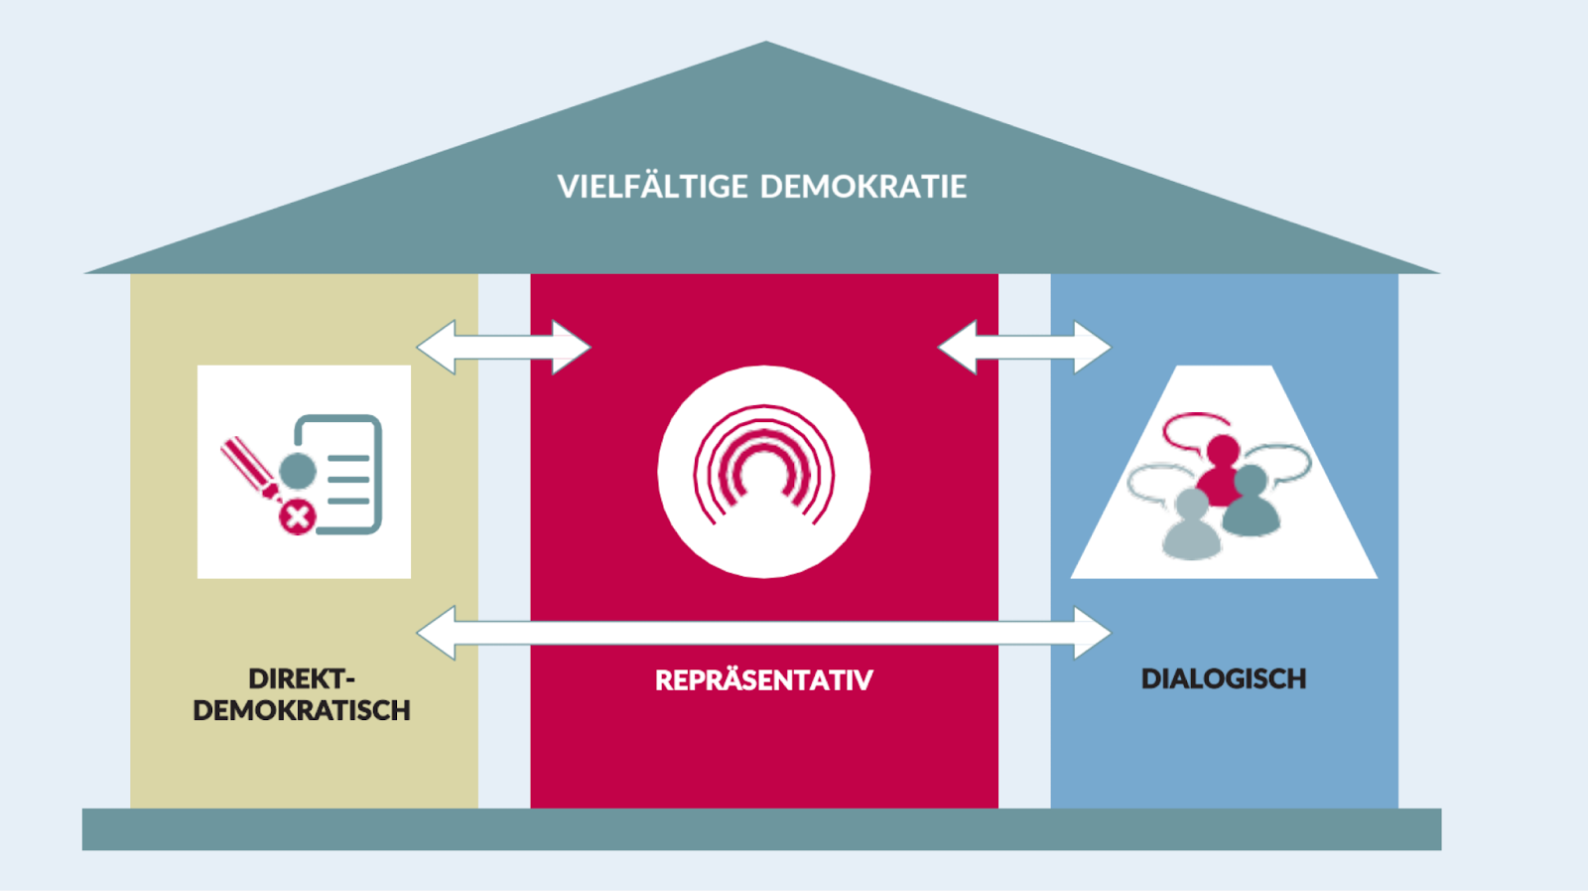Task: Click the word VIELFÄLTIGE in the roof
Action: pos(652,187)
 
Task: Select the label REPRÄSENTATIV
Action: pos(763,680)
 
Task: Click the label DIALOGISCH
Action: pos(1223,679)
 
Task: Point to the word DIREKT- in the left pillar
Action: pos(301,679)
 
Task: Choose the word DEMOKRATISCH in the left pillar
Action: pos(301,711)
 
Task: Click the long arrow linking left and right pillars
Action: pos(763,633)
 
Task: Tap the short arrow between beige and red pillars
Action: pos(503,347)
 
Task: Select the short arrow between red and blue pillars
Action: pos(1024,347)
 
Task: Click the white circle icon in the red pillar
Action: pos(763,472)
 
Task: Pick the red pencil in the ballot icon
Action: pos(248,467)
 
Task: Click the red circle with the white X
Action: pos(297,517)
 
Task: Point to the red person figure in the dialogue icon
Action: pos(1221,467)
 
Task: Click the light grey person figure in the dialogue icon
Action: pos(1190,526)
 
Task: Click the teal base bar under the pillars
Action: pos(761,829)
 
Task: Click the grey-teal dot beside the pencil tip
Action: pos(297,471)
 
